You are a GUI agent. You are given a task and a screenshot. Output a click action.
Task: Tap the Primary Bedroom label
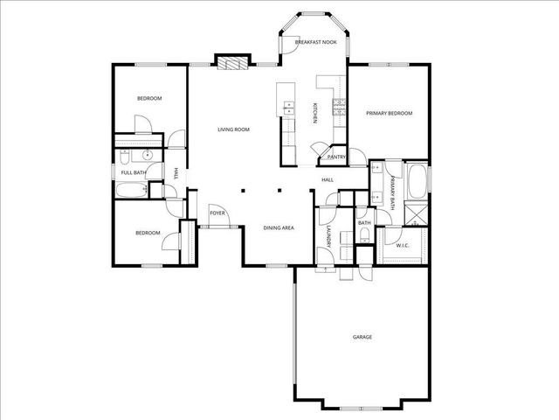389,114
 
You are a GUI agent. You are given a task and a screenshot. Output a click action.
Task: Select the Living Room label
233,129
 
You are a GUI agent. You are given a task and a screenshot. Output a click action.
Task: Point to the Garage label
362,337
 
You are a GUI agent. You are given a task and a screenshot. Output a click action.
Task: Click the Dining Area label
278,228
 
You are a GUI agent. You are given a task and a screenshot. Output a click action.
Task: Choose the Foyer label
217,213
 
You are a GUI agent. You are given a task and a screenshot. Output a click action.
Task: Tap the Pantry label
336,157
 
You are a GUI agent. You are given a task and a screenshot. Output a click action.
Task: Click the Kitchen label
315,112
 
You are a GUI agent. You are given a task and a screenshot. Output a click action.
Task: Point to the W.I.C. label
403,246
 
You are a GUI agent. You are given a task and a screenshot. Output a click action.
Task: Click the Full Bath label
133,171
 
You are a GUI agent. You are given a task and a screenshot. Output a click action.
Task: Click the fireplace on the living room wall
229,63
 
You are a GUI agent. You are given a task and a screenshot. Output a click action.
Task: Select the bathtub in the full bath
133,191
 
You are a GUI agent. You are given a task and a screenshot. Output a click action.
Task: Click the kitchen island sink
286,110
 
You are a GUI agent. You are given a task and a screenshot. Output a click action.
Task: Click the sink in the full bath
148,157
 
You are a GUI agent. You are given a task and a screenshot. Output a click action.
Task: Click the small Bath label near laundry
364,223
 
